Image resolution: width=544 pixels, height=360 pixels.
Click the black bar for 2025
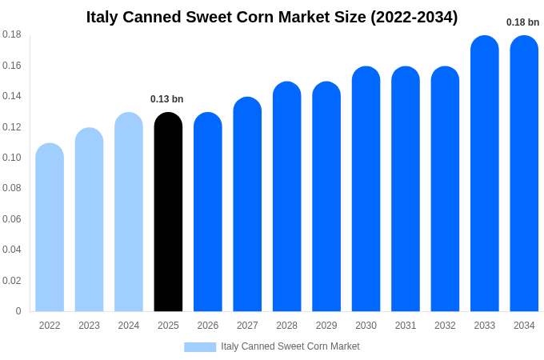[168, 212]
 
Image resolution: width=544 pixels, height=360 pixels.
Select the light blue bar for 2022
[50, 228]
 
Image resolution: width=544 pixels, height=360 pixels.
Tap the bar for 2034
[524, 174]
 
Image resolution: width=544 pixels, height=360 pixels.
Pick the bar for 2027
[247, 204]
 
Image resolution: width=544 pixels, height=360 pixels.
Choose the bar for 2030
[366, 189]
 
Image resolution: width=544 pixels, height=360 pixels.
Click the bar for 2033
[485, 174]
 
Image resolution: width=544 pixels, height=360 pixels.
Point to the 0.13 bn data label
[166, 99]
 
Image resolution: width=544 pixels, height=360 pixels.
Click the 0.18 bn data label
[522, 22]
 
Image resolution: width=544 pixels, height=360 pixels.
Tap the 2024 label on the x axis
[129, 326]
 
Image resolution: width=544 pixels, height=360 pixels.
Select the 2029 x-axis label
[326, 326]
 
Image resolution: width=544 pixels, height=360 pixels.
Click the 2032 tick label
[445, 326]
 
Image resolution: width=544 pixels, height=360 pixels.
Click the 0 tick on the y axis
[18, 311]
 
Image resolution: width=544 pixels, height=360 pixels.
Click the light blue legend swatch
[200, 347]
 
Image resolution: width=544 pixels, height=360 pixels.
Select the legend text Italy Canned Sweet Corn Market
[290, 346]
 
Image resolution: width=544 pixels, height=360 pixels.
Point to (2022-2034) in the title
[414, 17]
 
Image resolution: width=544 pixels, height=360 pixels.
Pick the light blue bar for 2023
[89, 220]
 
